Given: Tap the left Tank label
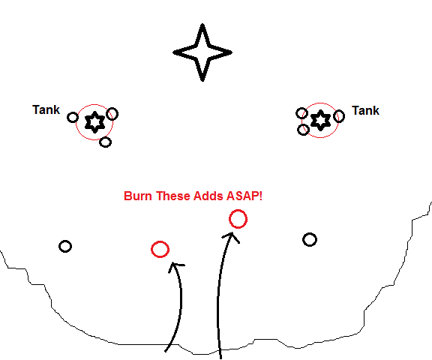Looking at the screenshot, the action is click(x=46, y=110).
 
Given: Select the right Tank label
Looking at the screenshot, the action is click(x=365, y=111).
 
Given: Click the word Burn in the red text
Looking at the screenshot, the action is click(x=138, y=196).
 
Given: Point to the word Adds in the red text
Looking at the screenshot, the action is click(x=208, y=196).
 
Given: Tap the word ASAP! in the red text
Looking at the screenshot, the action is click(x=244, y=196).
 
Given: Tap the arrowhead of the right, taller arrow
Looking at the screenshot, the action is click(x=231, y=235).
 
